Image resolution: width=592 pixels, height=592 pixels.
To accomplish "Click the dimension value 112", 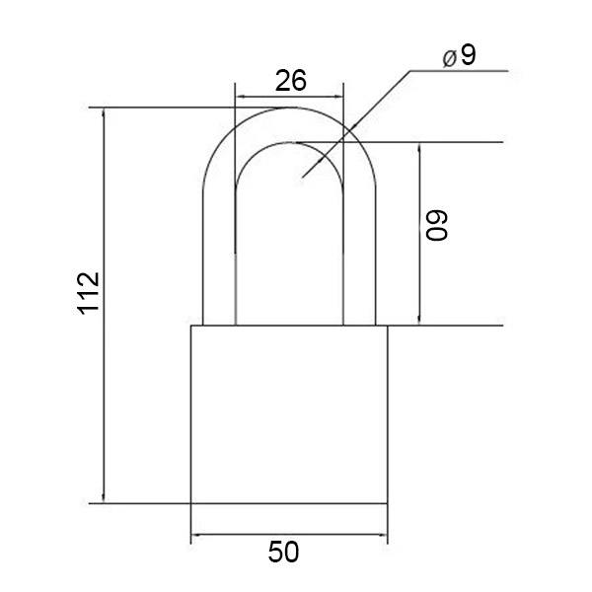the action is click(x=89, y=293).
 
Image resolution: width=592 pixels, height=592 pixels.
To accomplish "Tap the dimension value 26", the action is click(x=290, y=81).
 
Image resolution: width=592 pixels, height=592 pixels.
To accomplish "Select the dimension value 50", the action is click(x=283, y=552).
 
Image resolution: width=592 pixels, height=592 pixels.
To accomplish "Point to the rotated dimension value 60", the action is click(x=437, y=225).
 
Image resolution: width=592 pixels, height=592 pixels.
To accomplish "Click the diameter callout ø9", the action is click(x=459, y=57).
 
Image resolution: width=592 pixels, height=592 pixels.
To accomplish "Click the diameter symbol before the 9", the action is click(x=449, y=59).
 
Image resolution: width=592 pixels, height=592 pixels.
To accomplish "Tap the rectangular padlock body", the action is click(x=289, y=414).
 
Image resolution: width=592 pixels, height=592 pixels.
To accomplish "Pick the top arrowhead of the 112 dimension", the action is click(x=104, y=113).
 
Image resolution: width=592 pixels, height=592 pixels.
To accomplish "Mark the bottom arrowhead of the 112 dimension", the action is click(x=104, y=497).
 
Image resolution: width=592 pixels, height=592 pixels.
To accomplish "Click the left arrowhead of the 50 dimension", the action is click(x=196, y=534).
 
